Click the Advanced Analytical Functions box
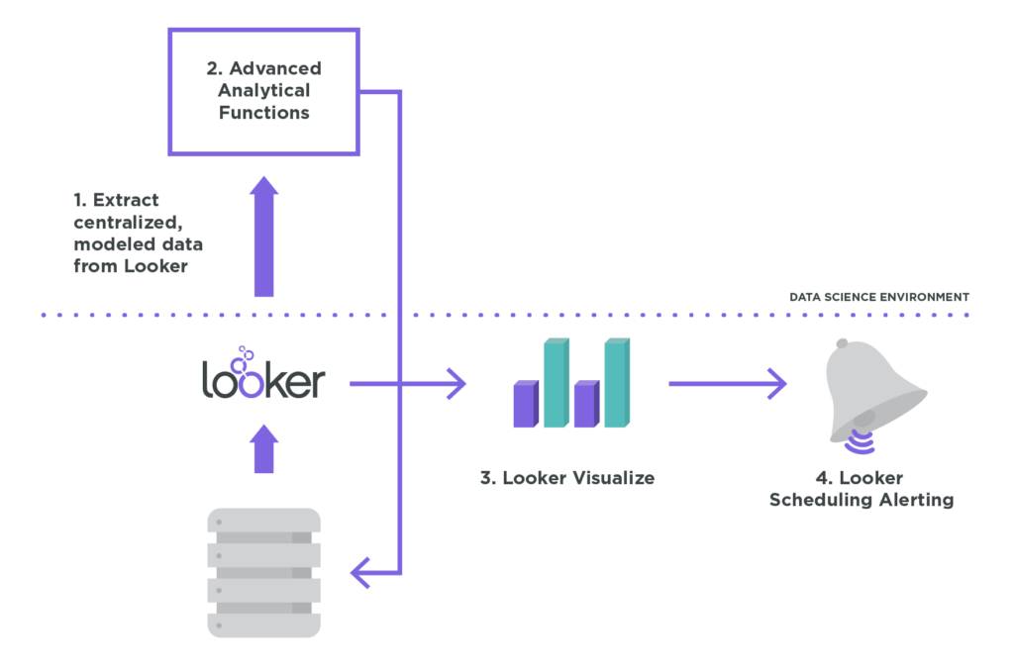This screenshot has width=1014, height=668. click(263, 91)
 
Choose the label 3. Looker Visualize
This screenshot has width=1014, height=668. click(567, 478)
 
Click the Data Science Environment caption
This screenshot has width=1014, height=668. click(878, 297)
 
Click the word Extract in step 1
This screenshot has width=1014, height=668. click(126, 200)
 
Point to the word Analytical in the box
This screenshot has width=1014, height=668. click(263, 91)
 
